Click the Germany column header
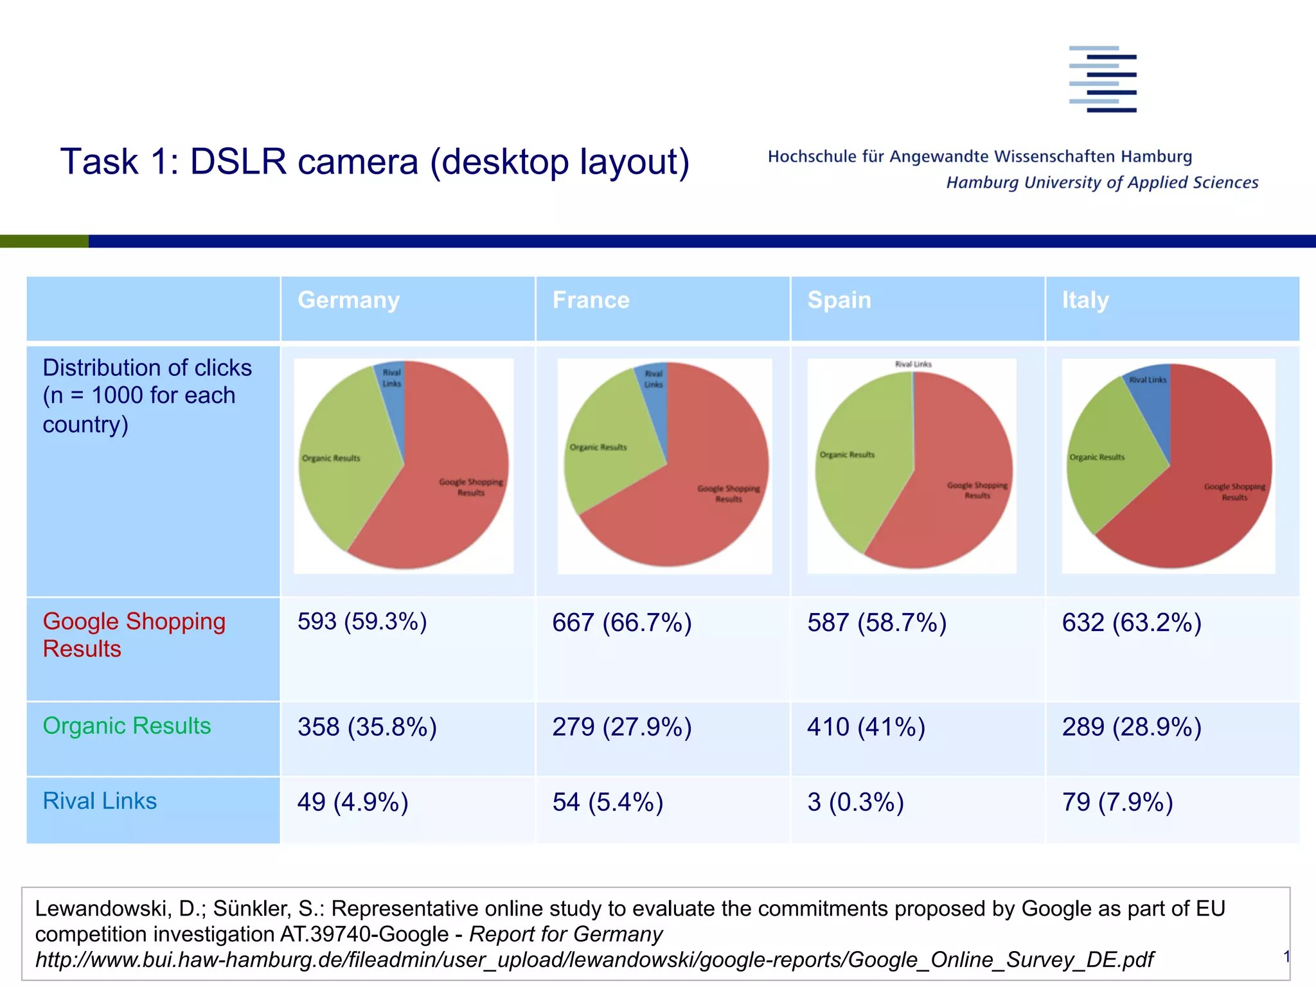[x=349, y=300]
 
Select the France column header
[x=591, y=300]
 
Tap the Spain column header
[x=839, y=300]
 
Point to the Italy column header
[x=1085, y=300]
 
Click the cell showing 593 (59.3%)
[x=362, y=622]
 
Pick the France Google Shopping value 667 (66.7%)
[x=621, y=623]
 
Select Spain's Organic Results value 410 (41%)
[x=866, y=727]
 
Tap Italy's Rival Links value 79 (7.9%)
[x=1117, y=802]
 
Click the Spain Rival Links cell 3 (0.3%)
[x=855, y=802]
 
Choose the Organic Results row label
[x=127, y=726]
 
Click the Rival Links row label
[x=100, y=801]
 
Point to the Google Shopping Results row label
[x=134, y=635]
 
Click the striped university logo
[x=1103, y=79]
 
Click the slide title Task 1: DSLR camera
[x=375, y=161]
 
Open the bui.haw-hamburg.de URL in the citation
[x=594, y=959]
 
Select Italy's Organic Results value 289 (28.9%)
[x=1131, y=727]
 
